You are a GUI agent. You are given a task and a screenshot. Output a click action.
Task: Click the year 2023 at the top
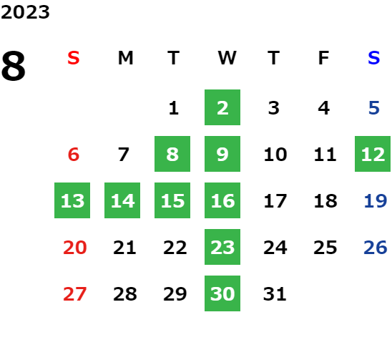[25, 12]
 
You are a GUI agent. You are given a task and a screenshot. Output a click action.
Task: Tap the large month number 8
[14, 66]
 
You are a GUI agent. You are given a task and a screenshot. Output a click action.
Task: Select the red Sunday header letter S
[74, 58]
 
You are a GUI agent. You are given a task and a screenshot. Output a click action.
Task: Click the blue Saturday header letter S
[374, 58]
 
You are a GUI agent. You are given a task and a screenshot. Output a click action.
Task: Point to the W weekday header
[227, 58]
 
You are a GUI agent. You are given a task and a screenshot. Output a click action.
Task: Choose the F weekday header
[324, 58]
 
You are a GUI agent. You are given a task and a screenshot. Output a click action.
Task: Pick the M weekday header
[125, 58]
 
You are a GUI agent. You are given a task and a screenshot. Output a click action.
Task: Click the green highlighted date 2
[222, 107]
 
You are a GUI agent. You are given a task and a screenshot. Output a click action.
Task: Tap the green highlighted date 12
[373, 154]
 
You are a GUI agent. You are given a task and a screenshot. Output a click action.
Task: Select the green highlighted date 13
[72, 200]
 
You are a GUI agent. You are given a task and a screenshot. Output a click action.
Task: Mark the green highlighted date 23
[222, 247]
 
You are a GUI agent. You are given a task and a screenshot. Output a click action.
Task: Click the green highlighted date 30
[222, 293]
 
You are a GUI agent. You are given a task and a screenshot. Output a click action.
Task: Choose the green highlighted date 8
[172, 154]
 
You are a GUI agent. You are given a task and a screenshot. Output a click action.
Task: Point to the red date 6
[74, 154]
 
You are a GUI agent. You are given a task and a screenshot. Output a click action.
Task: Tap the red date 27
[74, 293]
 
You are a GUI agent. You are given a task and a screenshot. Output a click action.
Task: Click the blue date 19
[376, 200]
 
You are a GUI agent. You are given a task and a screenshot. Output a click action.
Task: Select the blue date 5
[374, 108]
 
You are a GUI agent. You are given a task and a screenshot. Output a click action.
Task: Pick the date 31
[275, 293]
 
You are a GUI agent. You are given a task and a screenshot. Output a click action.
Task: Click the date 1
[174, 108]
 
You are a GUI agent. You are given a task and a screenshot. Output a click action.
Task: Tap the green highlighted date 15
[172, 200]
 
